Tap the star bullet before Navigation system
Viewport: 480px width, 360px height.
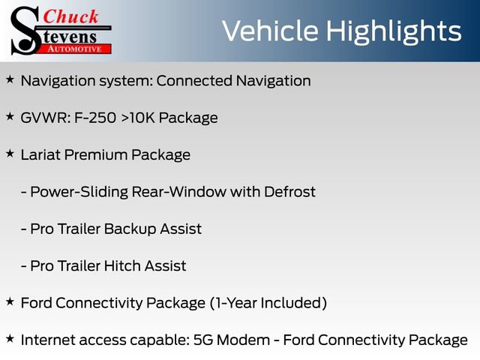pos(10,79)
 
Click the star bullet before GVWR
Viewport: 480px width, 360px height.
pos(10,116)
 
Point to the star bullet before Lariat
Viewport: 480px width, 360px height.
pos(10,153)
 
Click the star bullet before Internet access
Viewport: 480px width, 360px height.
pos(10,337)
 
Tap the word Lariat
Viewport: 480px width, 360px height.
pos(43,154)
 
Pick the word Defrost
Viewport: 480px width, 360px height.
pos(289,191)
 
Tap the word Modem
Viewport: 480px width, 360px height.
pos(256,339)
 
